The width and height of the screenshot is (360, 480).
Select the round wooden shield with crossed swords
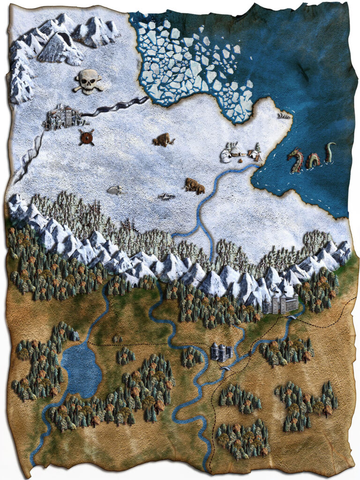86,137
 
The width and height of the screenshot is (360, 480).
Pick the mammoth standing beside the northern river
195,186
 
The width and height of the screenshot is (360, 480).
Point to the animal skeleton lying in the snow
115,190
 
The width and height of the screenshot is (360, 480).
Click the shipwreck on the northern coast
283,115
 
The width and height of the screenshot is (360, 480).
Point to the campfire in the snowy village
240,160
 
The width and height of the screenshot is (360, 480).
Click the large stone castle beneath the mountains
280,304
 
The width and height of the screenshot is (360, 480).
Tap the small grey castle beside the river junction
220,352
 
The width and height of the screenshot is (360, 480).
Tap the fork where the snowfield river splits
200,224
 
